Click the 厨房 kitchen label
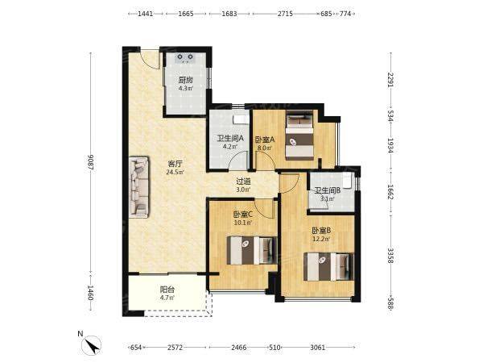tap(186, 80)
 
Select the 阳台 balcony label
tap(167, 290)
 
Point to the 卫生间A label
tap(230, 138)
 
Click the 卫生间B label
tap(327, 190)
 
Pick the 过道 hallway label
tap(243, 181)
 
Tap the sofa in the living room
tap(139, 187)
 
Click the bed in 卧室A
tap(299, 136)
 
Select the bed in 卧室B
tap(328, 267)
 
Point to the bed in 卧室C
tap(252, 250)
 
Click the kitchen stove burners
tap(185, 57)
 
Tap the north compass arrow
tap(92, 345)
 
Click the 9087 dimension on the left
tap(90, 162)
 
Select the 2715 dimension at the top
tap(285, 14)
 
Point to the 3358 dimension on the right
tap(390, 256)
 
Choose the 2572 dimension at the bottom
tap(175, 348)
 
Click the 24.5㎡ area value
tap(175, 173)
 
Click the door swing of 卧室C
tap(265, 209)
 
